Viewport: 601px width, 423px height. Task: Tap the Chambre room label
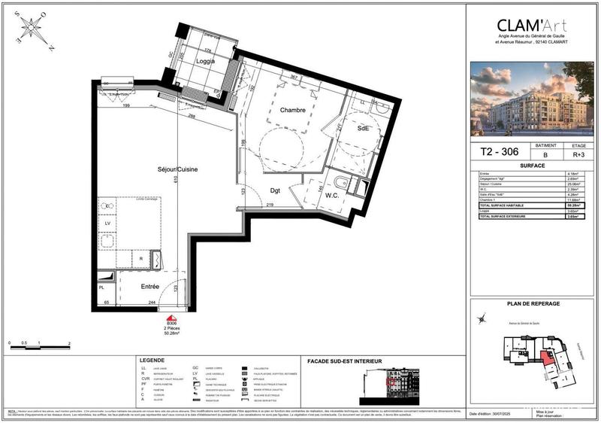tap(292, 110)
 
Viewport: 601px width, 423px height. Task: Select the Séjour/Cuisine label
tap(178, 170)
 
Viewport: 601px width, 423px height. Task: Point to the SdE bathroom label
tap(363, 128)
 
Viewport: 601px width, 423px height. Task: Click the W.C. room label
tap(332, 196)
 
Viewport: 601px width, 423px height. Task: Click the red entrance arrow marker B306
tap(172, 319)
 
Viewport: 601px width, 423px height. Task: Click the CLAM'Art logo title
tap(532, 25)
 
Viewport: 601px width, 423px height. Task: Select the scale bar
tap(38, 347)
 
